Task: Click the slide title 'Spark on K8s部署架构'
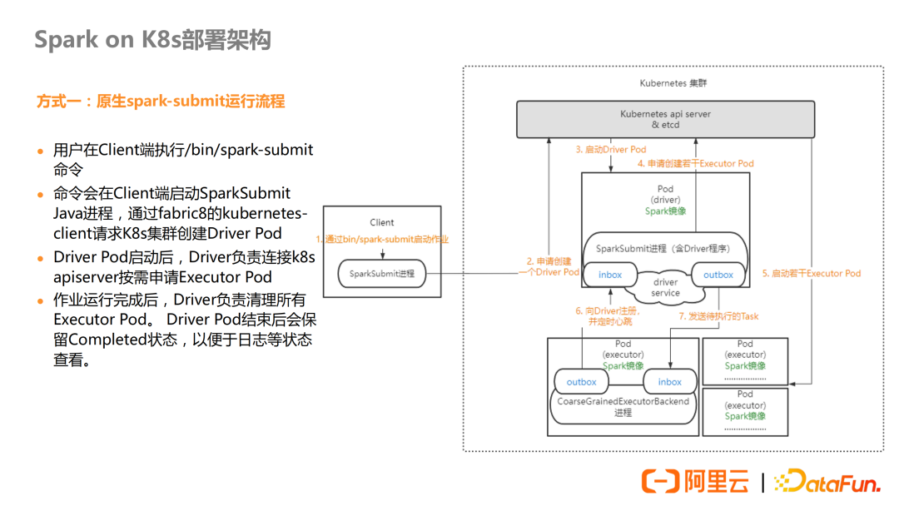click(152, 40)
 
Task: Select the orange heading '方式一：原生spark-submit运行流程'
click(161, 102)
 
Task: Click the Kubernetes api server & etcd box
click(665, 119)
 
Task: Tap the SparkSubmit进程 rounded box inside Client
click(381, 273)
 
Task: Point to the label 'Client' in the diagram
click(381, 222)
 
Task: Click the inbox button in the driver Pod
click(610, 275)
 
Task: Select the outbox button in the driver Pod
click(718, 275)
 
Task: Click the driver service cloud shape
click(665, 288)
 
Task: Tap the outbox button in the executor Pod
click(581, 382)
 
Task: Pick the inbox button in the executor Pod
click(670, 382)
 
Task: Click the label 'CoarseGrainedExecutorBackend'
click(623, 401)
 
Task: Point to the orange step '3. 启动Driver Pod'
click(610, 150)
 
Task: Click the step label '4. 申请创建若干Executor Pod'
click(689, 163)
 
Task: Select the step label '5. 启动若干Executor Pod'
click(811, 273)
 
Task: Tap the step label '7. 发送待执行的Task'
click(718, 316)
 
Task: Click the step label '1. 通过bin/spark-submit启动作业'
click(382, 239)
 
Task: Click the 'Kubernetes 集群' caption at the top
click(673, 83)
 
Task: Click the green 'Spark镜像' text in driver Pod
click(665, 211)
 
